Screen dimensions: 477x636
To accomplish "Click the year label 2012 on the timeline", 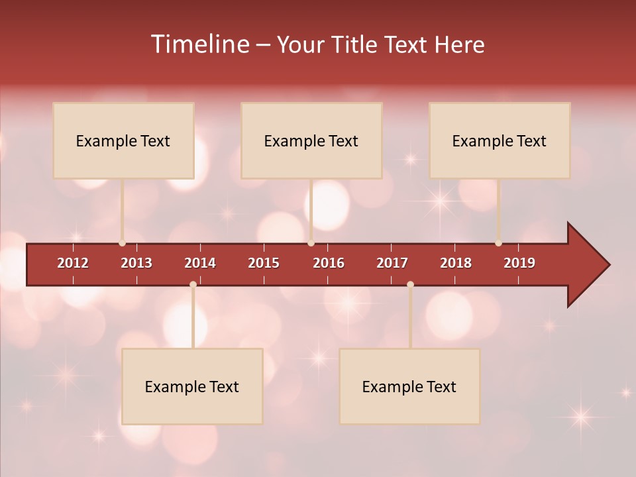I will (x=73, y=263).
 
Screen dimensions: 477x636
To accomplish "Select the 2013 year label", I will (x=136, y=263).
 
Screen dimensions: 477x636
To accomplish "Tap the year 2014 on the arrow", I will (x=200, y=263).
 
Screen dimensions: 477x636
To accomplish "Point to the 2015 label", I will (x=264, y=263).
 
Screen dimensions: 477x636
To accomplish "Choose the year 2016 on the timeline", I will (x=329, y=263).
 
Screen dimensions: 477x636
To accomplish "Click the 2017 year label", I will (x=392, y=263).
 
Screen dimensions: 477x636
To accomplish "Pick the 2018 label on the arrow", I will (x=456, y=263).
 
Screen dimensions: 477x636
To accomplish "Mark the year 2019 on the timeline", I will (x=519, y=263).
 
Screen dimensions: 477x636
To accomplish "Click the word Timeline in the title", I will (x=199, y=44).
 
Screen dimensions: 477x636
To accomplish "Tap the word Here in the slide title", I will (x=459, y=44).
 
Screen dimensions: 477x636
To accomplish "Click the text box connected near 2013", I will (x=123, y=140).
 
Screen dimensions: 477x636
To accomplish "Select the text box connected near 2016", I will (x=311, y=140).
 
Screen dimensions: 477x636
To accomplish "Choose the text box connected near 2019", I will (x=500, y=140).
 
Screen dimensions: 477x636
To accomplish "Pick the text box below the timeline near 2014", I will (x=192, y=386).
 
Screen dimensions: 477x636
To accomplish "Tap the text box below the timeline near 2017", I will (x=409, y=386).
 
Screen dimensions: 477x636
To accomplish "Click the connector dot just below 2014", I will (x=193, y=284).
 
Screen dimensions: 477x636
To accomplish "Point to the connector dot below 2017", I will (x=410, y=284).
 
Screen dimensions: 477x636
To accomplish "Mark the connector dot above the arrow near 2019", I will (x=498, y=243).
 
